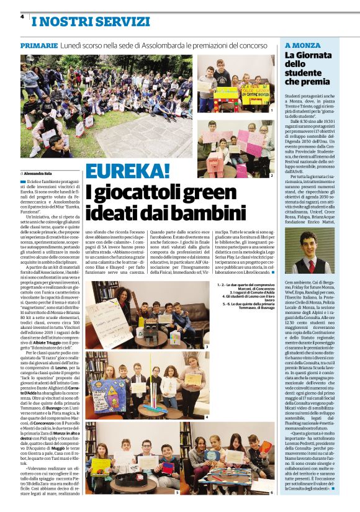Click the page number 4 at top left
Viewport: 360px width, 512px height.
22,17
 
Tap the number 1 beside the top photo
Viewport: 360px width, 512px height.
271,110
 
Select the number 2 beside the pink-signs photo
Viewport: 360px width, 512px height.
271,176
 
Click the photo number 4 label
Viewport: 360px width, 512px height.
207,417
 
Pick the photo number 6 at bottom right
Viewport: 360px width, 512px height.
271,492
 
